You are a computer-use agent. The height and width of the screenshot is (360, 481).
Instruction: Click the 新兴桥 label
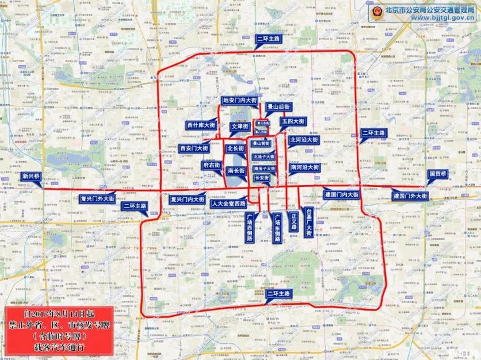(x=31, y=177)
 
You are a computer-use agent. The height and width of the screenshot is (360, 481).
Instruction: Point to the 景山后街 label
(x=278, y=107)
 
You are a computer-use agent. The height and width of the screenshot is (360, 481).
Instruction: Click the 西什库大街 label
(x=201, y=125)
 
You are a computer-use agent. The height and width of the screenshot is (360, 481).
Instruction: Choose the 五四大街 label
(x=293, y=122)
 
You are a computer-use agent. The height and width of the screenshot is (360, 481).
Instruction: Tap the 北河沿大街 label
(x=303, y=140)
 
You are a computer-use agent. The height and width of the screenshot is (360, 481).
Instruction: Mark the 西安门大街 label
(x=194, y=148)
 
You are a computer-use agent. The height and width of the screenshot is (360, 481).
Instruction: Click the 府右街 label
(x=211, y=165)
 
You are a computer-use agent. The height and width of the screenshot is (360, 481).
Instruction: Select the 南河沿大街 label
(x=304, y=167)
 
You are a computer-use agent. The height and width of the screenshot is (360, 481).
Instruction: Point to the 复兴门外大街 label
(x=97, y=200)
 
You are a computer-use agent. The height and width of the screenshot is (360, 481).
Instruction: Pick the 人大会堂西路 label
(x=228, y=204)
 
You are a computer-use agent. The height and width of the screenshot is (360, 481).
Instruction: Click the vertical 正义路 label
(x=293, y=221)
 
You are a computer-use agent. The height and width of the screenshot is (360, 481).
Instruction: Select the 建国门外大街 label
(x=410, y=196)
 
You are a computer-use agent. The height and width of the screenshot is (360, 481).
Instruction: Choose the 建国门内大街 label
(x=341, y=195)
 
